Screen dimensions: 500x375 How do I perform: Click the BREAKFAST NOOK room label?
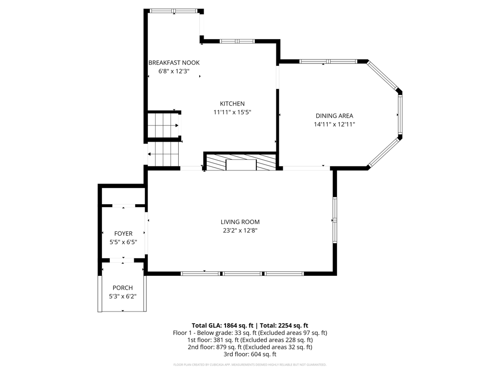(x=174, y=63)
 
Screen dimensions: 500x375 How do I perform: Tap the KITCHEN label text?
(x=232, y=104)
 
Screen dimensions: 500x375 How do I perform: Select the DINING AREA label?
(x=334, y=116)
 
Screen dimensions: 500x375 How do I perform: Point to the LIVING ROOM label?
(x=240, y=222)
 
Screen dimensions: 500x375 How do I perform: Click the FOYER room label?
(x=123, y=234)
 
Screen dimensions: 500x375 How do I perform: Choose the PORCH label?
(x=123, y=288)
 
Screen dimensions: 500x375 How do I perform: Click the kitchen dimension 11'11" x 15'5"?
(x=232, y=112)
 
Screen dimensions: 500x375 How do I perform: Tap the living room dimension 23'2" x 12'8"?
(x=240, y=230)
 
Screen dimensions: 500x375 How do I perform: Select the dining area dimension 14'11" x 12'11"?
(x=334, y=125)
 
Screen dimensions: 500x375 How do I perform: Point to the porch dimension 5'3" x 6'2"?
(x=123, y=296)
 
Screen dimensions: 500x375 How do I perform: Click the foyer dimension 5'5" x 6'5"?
(x=124, y=242)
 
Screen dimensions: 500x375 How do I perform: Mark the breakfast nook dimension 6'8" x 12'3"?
(x=174, y=71)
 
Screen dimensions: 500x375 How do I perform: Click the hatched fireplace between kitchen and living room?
(x=241, y=162)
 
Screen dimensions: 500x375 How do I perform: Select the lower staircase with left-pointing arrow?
(x=163, y=154)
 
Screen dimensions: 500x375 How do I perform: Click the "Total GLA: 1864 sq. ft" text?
(x=222, y=326)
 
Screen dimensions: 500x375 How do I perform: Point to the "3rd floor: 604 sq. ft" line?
(x=250, y=354)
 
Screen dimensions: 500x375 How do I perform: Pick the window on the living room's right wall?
(x=335, y=220)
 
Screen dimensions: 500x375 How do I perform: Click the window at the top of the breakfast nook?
(x=174, y=11)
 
